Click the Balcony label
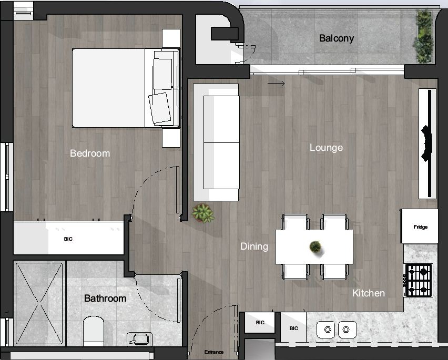pyautogui.click(x=337, y=38)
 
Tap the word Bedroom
pyautogui.click(x=90, y=153)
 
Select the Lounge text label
pyautogui.click(x=326, y=148)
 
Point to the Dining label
pyautogui.click(x=254, y=246)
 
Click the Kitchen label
pyautogui.click(x=369, y=293)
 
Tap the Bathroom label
pyautogui.click(x=105, y=299)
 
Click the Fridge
pyautogui.click(x=420, y=227)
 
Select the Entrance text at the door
pyautogui.click(x=214, y=352)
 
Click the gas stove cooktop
pyautogui.click(x=419, y=280)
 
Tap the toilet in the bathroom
pyautogui.click(x=95, y=331)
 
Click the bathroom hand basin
pyautogui.click(x=139, y=339)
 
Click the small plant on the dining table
pyautogui.click(x=315, y=246)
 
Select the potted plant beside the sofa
pyautogui.click(x=203, y=213)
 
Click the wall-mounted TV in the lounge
pyautogui.click(x=427, y=143)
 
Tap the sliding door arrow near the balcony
pyautogui.click(x=276, y=83)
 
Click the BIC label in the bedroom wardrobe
pyautogui.click(x=68, y=239)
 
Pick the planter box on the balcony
pyautogui.click(x=423, y=37)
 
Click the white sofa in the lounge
pyautogui.click(x=216, y=142)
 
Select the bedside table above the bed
pyautogui.click(x=171, y=38)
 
